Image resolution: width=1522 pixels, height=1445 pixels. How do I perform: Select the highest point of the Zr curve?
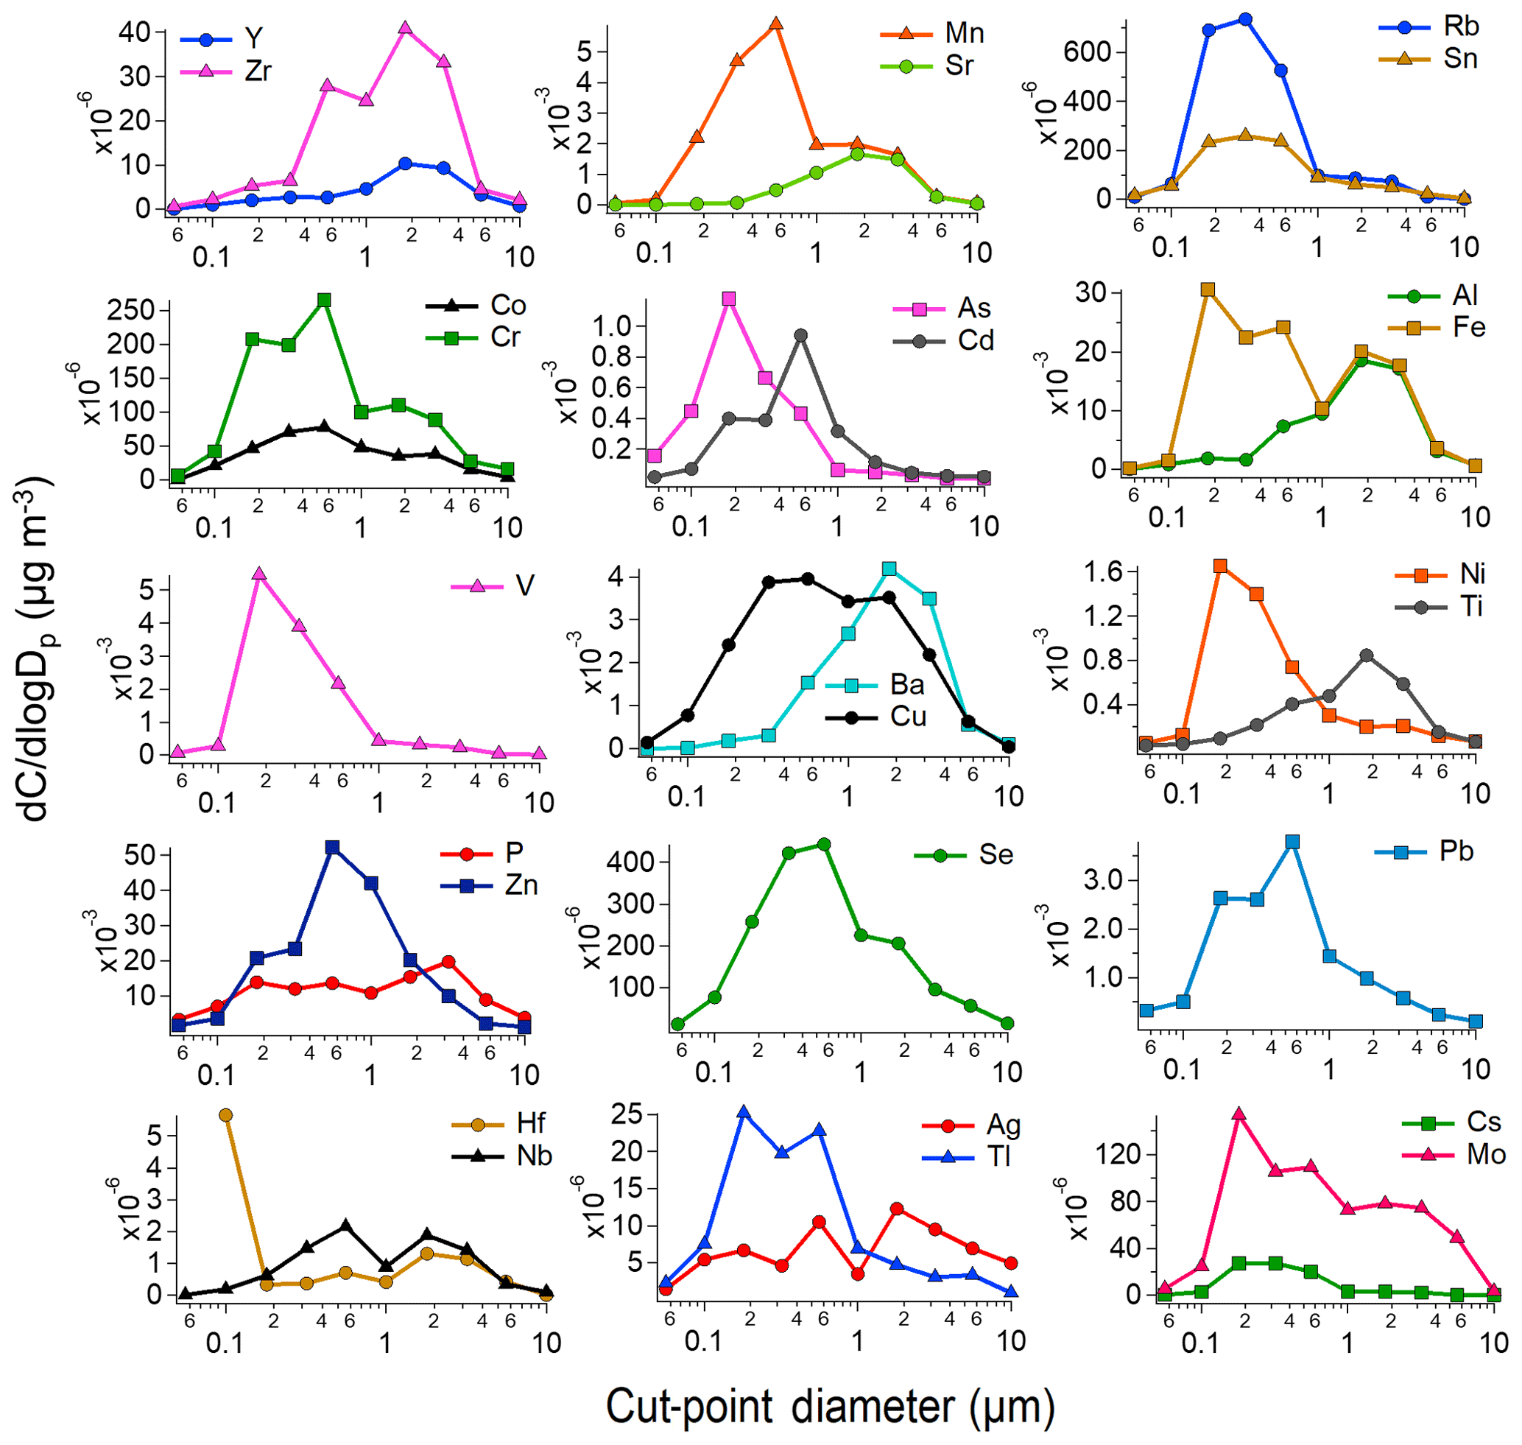tap(406, 29)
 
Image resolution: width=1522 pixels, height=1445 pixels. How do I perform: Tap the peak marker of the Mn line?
tap(776, 24)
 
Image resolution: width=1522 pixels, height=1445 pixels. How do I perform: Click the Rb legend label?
tap(1460, 27)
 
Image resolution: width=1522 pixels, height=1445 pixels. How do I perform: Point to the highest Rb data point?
tap(1244, 19)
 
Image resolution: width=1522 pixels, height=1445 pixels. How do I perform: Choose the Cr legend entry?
tap(505, 337)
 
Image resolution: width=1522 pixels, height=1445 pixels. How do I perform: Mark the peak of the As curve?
tap(729, 299)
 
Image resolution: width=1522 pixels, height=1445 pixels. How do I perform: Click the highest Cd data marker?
tap(801, 335)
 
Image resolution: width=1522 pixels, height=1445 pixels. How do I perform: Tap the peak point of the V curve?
tap(258, 574)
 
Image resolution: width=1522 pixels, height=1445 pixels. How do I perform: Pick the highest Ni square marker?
tap(1220, 566)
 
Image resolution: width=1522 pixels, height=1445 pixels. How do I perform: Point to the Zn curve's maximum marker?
tap(333, 847)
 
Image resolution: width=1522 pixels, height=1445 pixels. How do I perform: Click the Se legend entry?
tap(996, 855)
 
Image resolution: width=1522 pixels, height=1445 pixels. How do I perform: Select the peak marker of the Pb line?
tap(1292, 842)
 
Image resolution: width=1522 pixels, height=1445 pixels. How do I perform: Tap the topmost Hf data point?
tap(225, 1115)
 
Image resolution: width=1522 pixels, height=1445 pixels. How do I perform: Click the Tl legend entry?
tap(999, 1157)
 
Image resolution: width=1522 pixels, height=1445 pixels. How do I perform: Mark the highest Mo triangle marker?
tap(1239, 1114)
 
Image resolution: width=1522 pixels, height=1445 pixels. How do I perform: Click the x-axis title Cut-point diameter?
tap(830, 1407)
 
